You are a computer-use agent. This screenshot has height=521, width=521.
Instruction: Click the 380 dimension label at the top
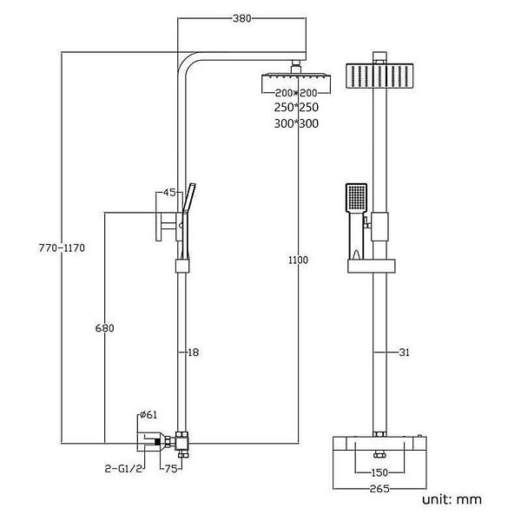[x=242, y=18]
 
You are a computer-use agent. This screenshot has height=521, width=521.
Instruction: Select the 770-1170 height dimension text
[x=62, y=247]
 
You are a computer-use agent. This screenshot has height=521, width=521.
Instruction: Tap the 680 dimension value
[x=105, y=328]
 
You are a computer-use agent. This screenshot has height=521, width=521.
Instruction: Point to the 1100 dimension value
[x=298, y=260]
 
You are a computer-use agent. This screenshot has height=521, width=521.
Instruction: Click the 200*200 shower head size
[x=296, y=93]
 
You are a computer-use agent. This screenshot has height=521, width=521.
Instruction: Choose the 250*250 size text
[x=296, y=108]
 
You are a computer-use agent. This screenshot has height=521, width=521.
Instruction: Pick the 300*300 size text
[x=296, y=123]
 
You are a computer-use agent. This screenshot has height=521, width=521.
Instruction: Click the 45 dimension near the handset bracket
[x=169, y=192]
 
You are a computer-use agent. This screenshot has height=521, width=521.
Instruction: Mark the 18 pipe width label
[x=193, y=353]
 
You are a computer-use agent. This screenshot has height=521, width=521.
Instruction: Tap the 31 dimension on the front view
[x=404, y=353]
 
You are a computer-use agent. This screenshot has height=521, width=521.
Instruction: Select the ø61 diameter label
[x=148, y=415]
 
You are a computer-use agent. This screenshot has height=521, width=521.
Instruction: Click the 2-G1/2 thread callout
[x=123, y=469]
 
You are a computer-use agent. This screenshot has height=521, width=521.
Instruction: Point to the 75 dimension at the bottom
[x=171, y=469]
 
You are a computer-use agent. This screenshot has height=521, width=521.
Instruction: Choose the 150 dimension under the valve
[x=379, y=472]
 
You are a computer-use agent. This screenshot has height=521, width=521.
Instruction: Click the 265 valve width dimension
[x=379, y=489]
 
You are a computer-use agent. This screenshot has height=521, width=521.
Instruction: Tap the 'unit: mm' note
[x=452, y=499]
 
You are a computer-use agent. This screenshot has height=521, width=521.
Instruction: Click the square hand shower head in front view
[x=357, y=198]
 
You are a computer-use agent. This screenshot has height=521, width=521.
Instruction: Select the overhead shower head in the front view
[x=379, y=76]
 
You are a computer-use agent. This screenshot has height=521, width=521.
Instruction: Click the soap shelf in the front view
[x=372, y=267]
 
